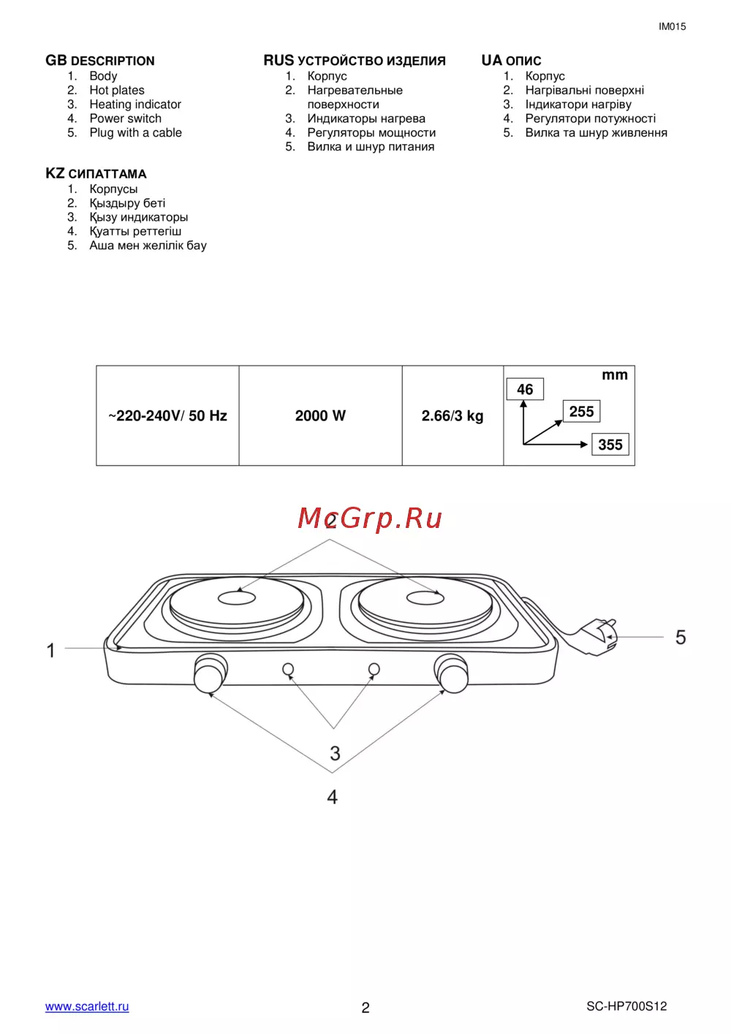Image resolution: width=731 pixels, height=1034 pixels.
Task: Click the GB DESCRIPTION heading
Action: click(100, 61)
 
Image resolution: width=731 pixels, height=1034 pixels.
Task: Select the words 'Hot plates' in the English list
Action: click(117, 90)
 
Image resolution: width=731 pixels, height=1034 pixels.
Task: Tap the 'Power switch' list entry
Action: click(125, 118)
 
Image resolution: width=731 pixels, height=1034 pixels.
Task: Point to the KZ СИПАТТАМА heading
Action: click(96, 173)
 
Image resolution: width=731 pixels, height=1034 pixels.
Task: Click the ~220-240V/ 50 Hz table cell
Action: click(167, 415)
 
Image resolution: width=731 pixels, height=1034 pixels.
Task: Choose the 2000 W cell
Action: click(320, 415)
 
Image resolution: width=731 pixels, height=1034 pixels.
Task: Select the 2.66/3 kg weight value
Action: click(452, 415)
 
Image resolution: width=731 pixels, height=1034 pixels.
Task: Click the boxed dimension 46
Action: click(525, 389)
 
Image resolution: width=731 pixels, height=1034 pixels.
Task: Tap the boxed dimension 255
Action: click(581, 411)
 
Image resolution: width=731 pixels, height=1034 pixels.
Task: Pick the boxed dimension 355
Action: click(610, 445)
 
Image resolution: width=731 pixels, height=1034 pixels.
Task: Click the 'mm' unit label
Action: click(615, 375)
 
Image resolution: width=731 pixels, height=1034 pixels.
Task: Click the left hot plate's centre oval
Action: click(237, 597)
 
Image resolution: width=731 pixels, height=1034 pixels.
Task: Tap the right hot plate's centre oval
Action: click(425, 598)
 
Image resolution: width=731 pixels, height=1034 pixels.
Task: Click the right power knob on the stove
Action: click(452, 673)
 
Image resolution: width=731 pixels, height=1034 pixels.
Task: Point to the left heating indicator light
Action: click(288, 669)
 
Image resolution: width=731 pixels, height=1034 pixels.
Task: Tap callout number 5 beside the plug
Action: click(681, 638)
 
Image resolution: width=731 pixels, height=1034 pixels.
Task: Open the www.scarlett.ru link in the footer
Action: click(87, 1006)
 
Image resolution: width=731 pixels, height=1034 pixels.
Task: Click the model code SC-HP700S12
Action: click(626, 1006)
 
